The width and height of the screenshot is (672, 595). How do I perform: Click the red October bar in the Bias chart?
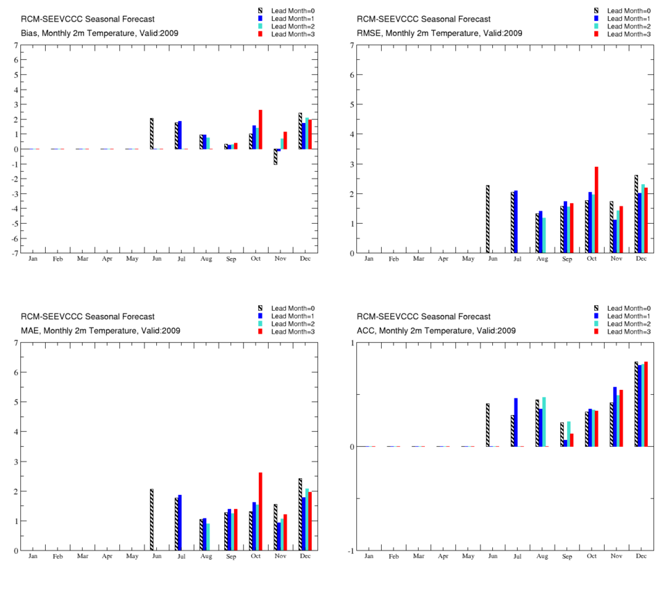pyautogui.click(x=260, y=129)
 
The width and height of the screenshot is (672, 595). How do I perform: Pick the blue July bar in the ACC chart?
pyautogui.click(x=516, y=422)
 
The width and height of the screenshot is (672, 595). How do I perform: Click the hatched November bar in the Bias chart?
pyautogui.click(x=275, y=156)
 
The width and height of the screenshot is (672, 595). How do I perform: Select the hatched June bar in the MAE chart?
pyautogui.click(x=151, y=519)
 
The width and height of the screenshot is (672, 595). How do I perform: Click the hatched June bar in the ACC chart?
pyautogui.click(x=487, y=425)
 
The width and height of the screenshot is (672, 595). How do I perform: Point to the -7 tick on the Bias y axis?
pyautogui.click(x=15, y=253)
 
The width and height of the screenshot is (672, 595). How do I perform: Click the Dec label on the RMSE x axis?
pyautogui.click(x=641, y=259)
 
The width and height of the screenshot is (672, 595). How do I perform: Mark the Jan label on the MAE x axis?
pyautogui.click(x=33, y=557)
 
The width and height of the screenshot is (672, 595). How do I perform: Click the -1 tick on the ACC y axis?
pyautogui.click(x=351, y=551)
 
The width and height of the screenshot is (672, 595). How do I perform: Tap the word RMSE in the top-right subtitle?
pyautogui.click(x=369, y=33)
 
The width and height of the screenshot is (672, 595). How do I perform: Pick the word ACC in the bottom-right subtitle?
pyautogui.click(x=367, y=331)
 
